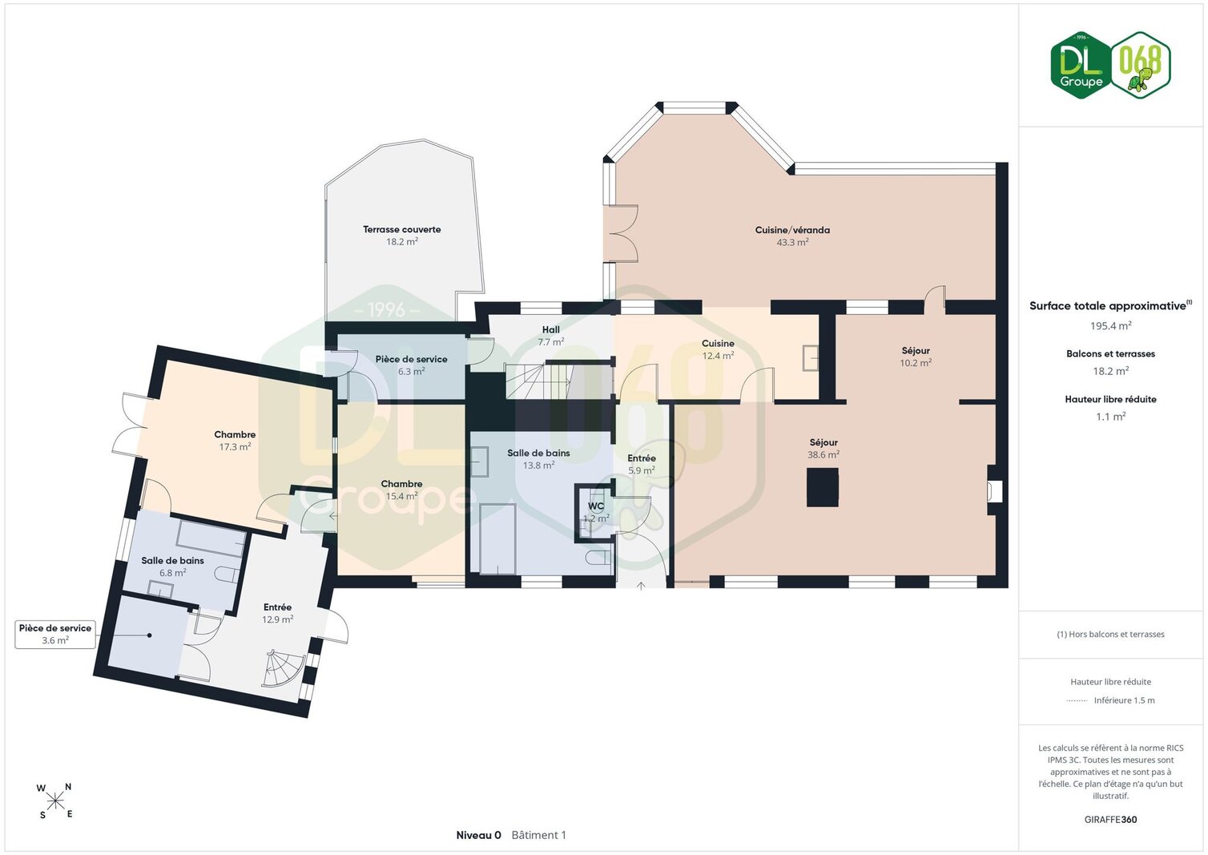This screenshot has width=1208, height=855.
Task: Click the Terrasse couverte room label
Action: coord(402,229)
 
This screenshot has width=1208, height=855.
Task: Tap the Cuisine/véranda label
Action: coord(792,230)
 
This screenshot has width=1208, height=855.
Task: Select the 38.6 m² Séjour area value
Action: coord(823,454)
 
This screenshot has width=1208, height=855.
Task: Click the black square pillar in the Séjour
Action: coord(823,487)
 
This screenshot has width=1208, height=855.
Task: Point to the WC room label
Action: coord(596,506)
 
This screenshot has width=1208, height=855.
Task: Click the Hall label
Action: coord(550,329)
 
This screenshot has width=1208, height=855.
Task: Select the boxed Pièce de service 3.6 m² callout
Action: coord(55,634)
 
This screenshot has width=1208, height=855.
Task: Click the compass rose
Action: coord(54,801)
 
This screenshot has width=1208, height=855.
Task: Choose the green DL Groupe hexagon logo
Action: coord(1080,65)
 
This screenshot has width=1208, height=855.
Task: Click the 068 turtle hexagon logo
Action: coord(1141,65)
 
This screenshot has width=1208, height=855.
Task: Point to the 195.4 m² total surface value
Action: coord(1110,326)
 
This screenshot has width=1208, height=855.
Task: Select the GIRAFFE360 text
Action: coord(1110,820)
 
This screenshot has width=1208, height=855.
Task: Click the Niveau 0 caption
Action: coord(478,835)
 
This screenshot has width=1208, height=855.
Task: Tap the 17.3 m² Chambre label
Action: coord(235,434)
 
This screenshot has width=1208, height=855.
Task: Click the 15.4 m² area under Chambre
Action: coord(401,496)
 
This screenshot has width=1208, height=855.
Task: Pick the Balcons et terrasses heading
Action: coord(1110,354)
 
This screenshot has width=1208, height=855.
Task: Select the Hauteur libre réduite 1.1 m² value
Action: coord(1110,417)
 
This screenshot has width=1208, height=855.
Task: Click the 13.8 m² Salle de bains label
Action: coord(538,453)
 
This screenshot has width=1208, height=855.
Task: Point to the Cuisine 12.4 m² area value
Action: coord(718,356)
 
